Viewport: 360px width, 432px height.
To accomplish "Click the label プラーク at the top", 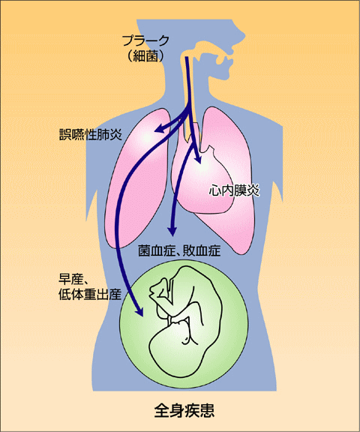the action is click(145, 40).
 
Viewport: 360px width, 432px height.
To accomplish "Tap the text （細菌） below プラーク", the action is click(145, 56).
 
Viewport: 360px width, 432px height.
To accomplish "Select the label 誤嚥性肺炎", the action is click(91, 135).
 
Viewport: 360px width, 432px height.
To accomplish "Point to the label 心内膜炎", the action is click(234, 190).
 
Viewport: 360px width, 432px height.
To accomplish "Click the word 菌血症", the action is click(157, 250).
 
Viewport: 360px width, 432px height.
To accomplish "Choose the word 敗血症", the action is click(202, 250).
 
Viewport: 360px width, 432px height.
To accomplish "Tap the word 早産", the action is click(70, 279).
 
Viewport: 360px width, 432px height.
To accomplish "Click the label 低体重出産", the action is click(90, 295).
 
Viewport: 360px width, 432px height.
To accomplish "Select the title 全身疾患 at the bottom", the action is click(184, 411).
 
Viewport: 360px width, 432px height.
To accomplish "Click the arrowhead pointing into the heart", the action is click(197, 160).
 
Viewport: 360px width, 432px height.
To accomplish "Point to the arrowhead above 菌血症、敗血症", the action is click(172, 231).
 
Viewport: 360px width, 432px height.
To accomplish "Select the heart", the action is click(202, 179).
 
